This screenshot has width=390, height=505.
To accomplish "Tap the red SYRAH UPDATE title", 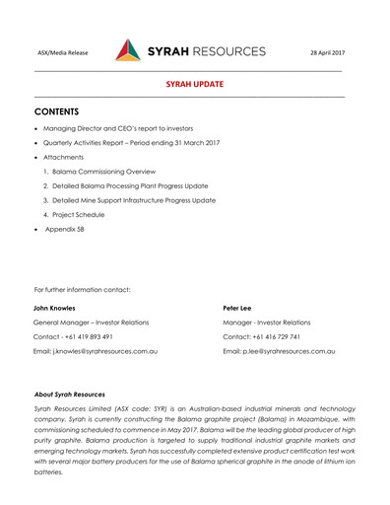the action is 194,86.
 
